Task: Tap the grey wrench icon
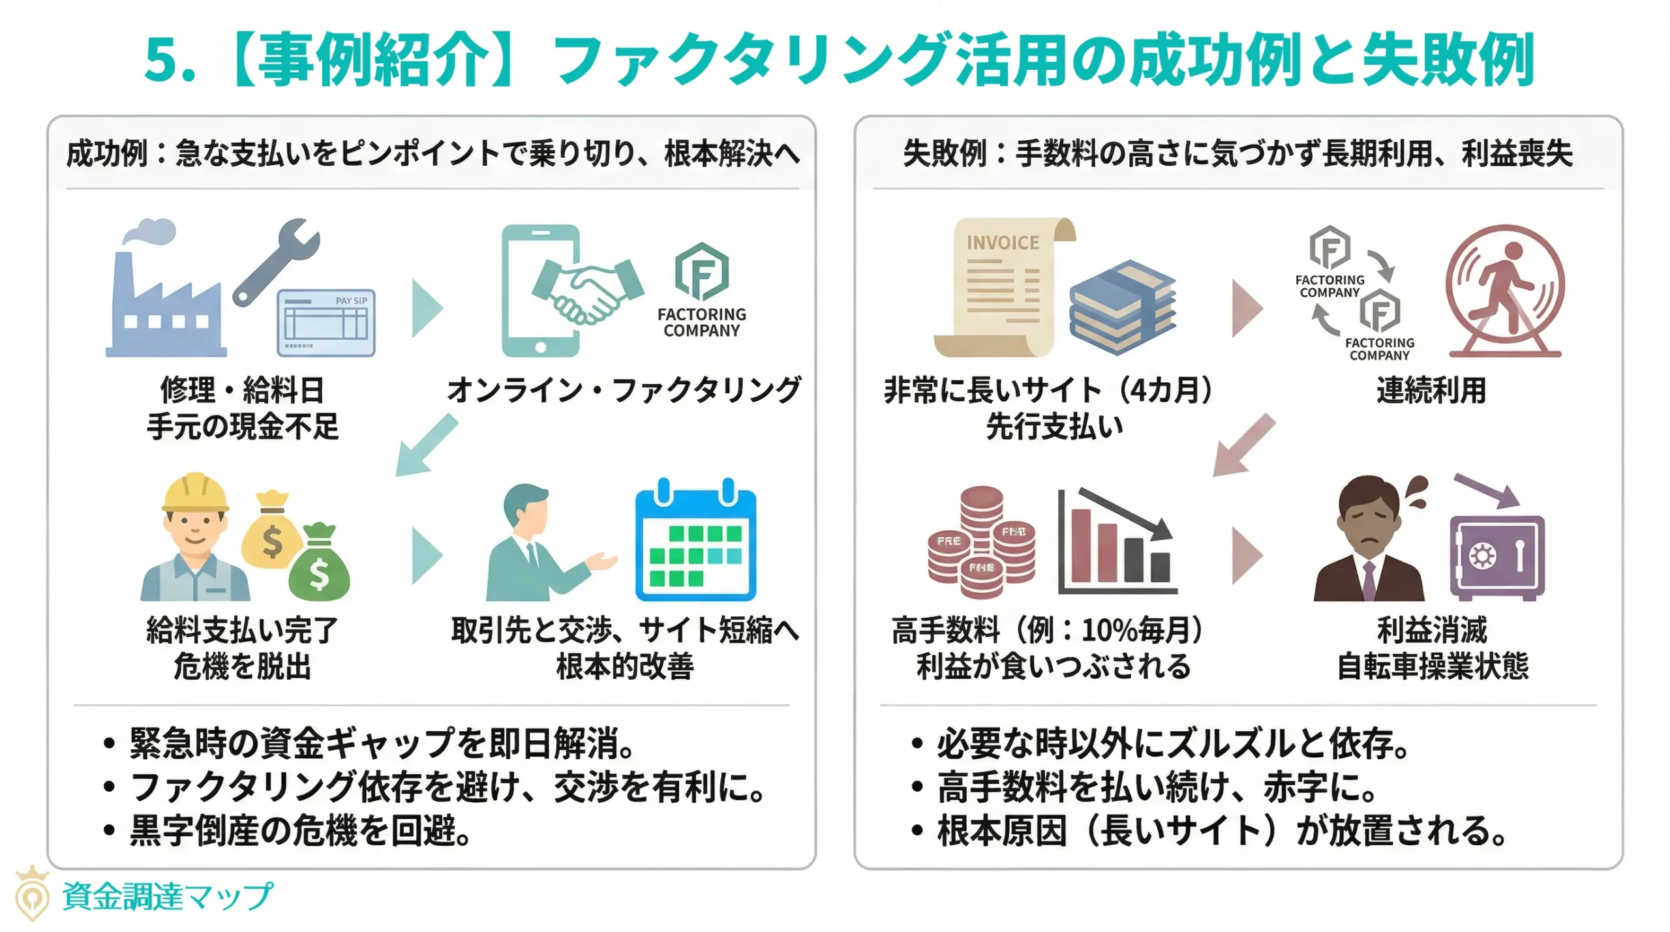point(277,261)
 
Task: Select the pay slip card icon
point(326,323)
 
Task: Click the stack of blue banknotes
point(1122,307)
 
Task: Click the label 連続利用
point(1431,391)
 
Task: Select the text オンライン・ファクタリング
point(624,391)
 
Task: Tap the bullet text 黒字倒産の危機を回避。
point(300,831)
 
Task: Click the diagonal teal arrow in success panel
point(427,445)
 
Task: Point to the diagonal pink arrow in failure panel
point(1243,445)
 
